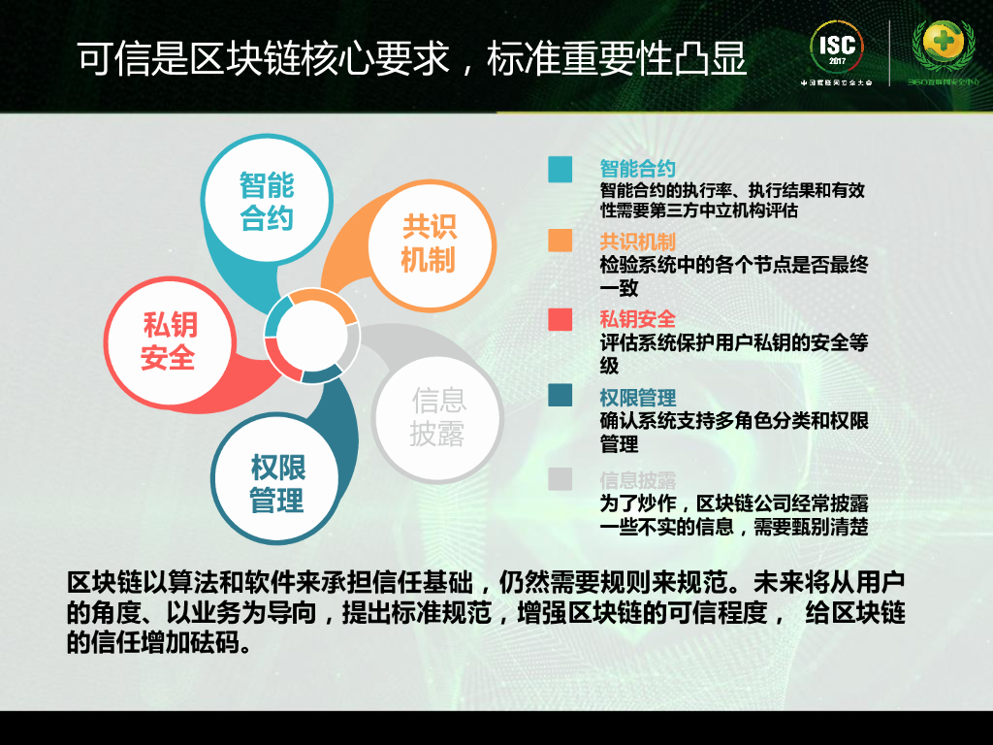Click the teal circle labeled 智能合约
pyautogui.click(x=266, y=202)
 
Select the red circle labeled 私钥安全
pyautogui.click(x=169, y=341)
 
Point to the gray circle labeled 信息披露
pyautogui.click(x=437, y=417)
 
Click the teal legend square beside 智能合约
pyautogui.click(x=560, y=169)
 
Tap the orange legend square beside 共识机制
pyautogui.click(x=560, y=241)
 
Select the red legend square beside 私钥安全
pyautogui.click(x=560, y=319)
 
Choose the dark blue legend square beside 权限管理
pyautogui.click(x=560, y=397)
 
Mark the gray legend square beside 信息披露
pyautogui.click(x=560, y=479)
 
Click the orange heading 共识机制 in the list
pyautogui.click(x=637, y=242)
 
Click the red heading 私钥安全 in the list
pyautogui.click(x=637, y=319)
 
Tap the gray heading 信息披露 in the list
pyautogui.click(x=637, y=479)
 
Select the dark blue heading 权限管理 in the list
pyautogui.click(x=637, y=398)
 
